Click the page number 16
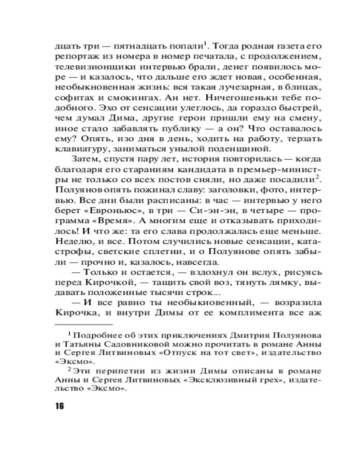[60, 405]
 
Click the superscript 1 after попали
[205, 43]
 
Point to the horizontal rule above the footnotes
[84, 324]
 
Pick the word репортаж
[73, 56]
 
